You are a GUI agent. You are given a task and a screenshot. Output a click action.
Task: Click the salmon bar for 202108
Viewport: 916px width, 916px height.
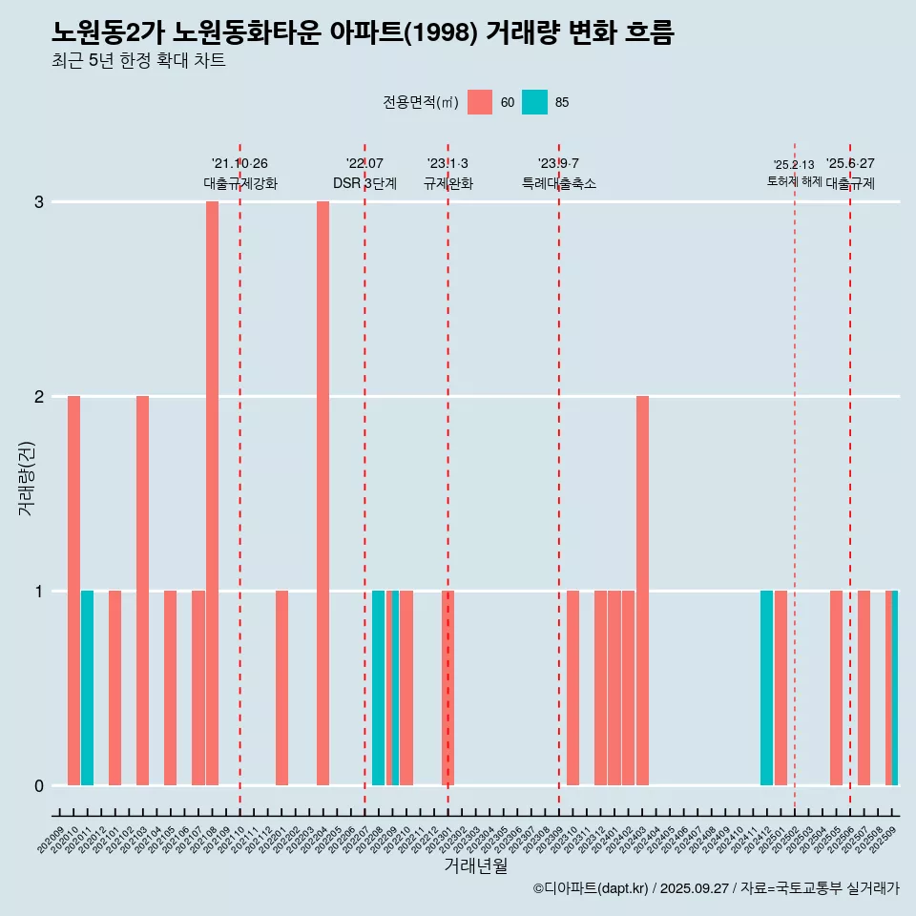pos(212,493)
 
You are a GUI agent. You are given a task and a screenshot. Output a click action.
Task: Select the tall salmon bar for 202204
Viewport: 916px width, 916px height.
pos(323,493)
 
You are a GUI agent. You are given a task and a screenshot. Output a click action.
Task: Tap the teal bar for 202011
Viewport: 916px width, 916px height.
pos(87,688)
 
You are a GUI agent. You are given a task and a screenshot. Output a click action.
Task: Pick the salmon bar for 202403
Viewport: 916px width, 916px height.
pos(642,591)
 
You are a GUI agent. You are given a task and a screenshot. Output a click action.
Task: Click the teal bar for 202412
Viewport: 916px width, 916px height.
pos(766,688)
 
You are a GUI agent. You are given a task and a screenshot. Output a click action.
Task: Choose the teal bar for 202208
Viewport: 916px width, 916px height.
pos(378,688)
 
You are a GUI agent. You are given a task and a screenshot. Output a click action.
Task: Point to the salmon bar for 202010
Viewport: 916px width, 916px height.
pos(73,591)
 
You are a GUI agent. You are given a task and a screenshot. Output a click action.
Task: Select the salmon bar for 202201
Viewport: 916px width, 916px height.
pos(281,688)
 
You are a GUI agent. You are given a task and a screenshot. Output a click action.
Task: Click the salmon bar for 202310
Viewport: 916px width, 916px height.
pos(572,688)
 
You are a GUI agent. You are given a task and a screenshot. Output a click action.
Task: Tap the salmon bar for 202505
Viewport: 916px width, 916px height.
pos(836,688)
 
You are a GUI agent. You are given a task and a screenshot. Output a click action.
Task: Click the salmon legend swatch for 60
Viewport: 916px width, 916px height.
pos(480,102)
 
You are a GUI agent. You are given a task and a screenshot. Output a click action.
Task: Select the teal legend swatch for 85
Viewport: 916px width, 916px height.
pos(534,102)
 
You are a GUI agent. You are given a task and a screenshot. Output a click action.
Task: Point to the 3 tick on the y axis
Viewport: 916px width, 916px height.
pos(39,202)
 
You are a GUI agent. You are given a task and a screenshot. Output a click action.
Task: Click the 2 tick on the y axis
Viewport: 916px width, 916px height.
pos(39,396)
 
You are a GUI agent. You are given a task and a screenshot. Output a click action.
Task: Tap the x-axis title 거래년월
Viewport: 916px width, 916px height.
pos(475,865)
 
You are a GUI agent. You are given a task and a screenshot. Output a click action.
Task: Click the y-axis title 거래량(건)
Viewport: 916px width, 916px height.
pos(26,477)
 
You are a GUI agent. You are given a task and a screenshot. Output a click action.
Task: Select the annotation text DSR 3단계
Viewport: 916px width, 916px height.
pos(364,183)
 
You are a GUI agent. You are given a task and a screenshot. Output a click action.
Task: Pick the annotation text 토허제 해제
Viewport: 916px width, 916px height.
pos(794,181)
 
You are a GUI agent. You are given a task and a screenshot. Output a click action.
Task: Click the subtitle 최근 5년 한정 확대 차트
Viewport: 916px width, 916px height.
pos(138,61)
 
